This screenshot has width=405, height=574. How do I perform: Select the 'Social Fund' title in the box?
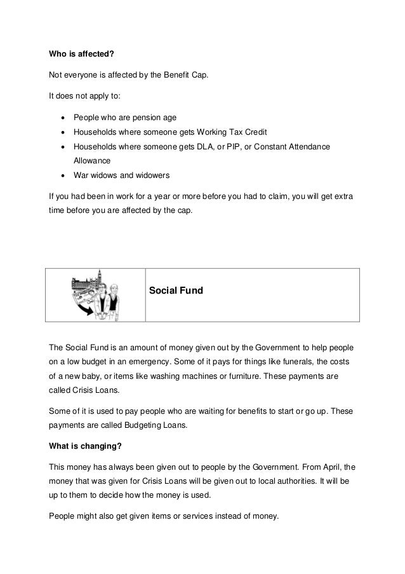pyautogui.click(x=175, y=290)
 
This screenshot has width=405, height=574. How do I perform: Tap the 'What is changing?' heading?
pyautogui.click(x=86, y=446)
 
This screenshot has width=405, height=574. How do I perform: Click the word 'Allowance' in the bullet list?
pyautogui.click(x=92, y=161)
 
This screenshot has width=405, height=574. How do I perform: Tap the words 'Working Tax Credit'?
pyautogui.click(x=232, y=132)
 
